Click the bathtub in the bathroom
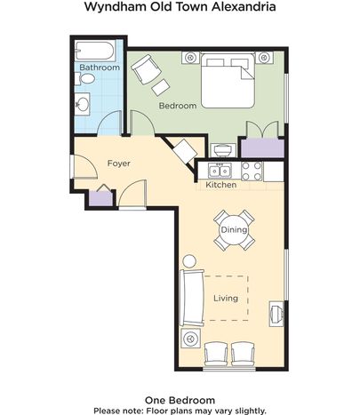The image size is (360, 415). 95,51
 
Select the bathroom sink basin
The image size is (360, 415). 83,104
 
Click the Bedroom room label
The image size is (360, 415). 178,106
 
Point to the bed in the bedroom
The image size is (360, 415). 228,81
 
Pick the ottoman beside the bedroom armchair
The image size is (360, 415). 161,87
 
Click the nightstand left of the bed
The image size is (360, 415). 190,57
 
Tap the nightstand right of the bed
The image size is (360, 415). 264,57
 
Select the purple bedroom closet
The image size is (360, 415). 262,148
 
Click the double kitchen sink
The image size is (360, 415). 220,171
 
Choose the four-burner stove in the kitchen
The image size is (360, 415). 252,172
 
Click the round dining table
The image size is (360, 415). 234,230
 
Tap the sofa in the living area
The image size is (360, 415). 192,298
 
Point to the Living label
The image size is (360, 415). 226,298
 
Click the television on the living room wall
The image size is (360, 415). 276,314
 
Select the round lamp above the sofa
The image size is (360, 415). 189,261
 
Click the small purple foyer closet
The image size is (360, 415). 101,199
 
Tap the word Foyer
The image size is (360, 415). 119,164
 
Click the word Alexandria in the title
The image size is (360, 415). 244,6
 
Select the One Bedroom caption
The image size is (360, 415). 180,400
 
